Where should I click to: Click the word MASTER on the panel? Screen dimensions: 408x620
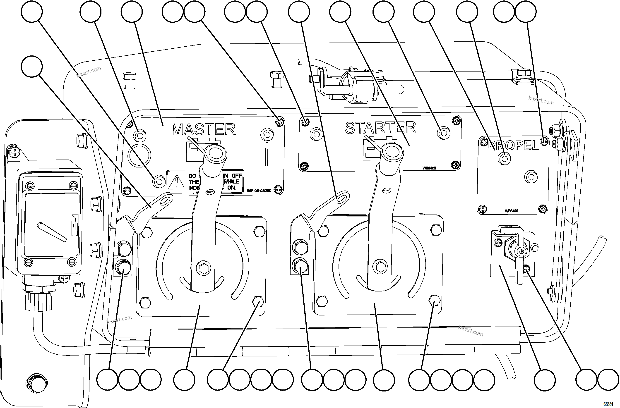tap(203, 129)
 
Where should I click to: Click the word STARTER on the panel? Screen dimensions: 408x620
tap(380, 128)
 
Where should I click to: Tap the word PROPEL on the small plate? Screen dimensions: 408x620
tap(513, 145)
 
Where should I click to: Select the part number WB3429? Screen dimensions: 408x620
tap(511, 211)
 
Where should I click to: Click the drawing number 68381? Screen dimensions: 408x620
tap(608, 404)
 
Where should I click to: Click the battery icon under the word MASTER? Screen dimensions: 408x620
tap(198, 151)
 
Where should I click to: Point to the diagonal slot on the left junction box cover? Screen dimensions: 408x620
tap(52, 232)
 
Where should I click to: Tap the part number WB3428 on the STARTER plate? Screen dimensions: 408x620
tap(429, 168)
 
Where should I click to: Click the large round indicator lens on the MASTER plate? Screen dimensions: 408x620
tap(139, 156)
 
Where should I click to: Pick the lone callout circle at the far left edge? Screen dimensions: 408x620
tap(31, 66)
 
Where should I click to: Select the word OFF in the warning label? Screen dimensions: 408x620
tap(237, 176)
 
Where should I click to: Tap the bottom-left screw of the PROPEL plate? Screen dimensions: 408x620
tap(483, 209)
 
